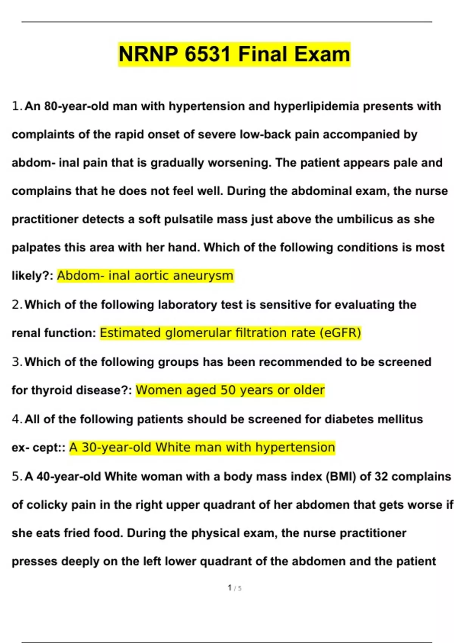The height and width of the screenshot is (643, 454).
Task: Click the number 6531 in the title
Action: pyautogui.click(x=208, y=54)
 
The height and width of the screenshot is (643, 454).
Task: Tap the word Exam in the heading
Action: pyautogui.click(x=322, y=54)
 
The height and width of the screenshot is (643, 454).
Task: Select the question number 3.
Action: pyautogui.click(x=16, y=362)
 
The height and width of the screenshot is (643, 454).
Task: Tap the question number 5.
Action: pyautogui.click(x=16, y=477)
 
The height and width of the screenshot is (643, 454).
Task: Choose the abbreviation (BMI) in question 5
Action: pyautogui.click(x=341, y=477)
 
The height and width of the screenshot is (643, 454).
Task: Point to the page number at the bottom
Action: pyautogui.click(x=235, y=588)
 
